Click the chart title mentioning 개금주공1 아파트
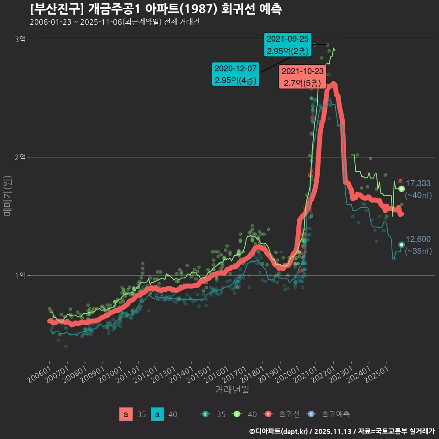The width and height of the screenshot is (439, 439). [155, 9]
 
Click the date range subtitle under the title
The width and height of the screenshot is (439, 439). [114, 22]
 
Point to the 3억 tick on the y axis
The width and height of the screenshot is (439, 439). [20, 39]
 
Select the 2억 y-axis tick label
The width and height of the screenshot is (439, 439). [20, 157]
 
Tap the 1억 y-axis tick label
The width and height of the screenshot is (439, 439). [20, 275]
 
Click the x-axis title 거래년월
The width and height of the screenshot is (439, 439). [232, 390]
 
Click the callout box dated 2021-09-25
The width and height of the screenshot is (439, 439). [288, 44]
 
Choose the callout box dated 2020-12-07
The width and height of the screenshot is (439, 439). [236, 74]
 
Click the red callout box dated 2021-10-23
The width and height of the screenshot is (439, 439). [302, 77]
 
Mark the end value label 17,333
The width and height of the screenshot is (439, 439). [418, 183]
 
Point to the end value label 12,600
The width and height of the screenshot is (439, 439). [418, 239]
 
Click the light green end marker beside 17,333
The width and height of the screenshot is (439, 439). [402, 189]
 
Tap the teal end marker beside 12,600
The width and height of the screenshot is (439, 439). [402, 245]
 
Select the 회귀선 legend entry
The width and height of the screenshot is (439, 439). [284, 414]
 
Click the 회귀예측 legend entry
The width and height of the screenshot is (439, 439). [329, 414]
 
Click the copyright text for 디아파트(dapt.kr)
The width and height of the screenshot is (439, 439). [279, 431]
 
